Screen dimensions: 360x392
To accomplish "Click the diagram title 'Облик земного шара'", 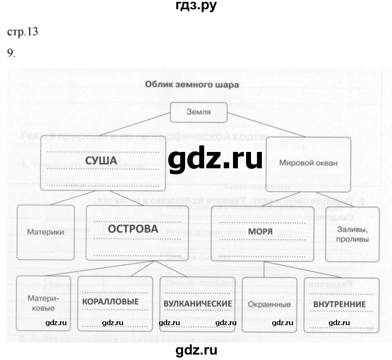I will [x=191, y=84].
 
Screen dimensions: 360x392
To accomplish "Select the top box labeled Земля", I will [x=199, y=113].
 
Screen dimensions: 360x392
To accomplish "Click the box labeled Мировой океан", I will [x=308, y=162].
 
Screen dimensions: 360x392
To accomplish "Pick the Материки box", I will [x=46, y=231].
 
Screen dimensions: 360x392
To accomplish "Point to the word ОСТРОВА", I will [x=133, y=229].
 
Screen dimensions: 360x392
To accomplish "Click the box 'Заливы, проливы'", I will [x=352, y=234].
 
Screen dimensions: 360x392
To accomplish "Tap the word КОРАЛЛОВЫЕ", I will [x=111, y=302].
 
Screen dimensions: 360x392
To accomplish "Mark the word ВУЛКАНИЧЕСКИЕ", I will [x=197, y=303].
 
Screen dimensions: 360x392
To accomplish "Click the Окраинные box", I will [x=268, y=304].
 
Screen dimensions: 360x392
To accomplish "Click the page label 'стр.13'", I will [x=22, y=32].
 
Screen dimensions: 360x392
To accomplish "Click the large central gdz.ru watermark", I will [x=215, y=160].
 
